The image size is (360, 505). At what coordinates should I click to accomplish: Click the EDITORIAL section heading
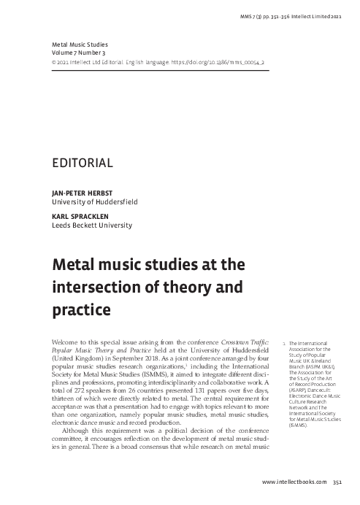point(82,163)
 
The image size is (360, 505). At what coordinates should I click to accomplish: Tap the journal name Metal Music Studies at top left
point(77,44)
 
